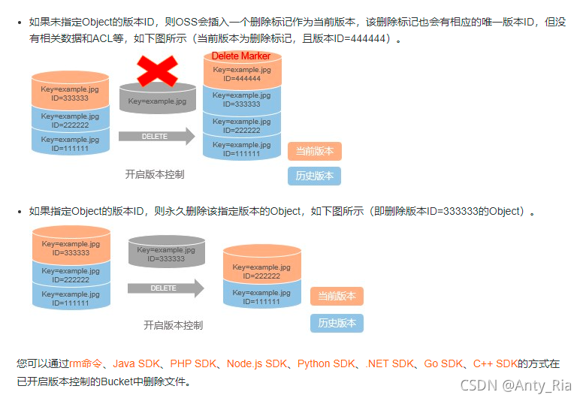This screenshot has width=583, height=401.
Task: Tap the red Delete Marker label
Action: pos(241,56)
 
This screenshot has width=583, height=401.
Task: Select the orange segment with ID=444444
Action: pos(241,74)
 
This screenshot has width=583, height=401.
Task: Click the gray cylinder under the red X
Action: pos(157,101)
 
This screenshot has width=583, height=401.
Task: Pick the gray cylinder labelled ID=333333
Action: pos(166,254)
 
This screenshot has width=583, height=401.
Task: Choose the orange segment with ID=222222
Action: pos(261,271)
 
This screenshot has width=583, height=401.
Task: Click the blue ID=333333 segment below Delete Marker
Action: pos(241,100)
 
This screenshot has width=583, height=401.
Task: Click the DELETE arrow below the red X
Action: pos(156,137)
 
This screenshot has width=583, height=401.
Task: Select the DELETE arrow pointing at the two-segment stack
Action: pos(165,288)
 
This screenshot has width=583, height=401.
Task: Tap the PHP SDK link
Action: pos(193,364)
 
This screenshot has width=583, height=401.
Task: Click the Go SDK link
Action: pos(443,364)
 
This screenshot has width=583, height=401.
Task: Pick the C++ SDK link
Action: pos(495,364)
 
